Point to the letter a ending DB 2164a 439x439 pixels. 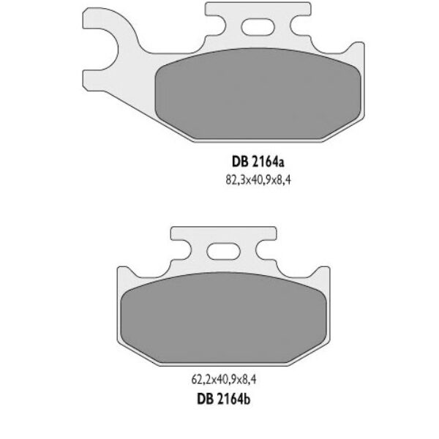(280, 165)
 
